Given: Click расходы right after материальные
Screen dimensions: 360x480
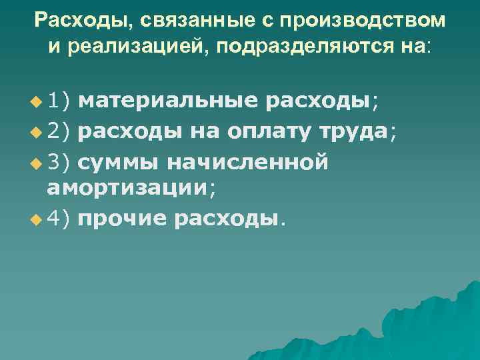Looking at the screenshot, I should pos(317,101).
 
